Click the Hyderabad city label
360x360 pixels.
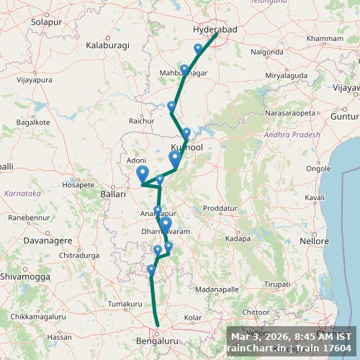click(215, 29)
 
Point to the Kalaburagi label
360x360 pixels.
click(107, 45)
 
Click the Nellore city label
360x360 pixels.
click(314, 240)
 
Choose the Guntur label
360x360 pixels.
click(343, 116)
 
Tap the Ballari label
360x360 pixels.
click(113, 194)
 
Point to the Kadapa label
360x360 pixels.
click(238, 238)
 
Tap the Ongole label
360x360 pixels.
click(318, 168)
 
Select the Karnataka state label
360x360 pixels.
click(22, 194)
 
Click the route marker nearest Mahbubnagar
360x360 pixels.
click(184, 70)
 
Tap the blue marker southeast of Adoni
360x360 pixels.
click(143, 174)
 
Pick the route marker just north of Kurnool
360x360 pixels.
click(186, 133)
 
